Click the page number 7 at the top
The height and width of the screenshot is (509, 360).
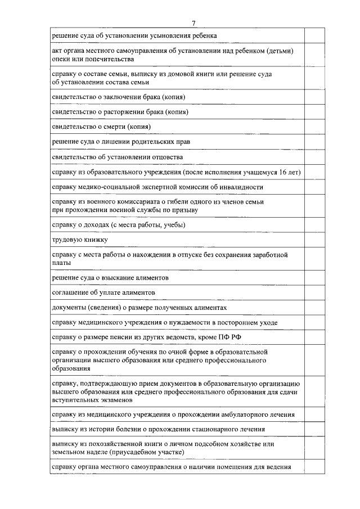click(193, 22)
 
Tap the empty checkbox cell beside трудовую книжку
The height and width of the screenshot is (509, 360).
click(314, 240)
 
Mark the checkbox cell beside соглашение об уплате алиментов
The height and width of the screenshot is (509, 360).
click(314, 292)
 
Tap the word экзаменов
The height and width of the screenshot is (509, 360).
click(117, 400)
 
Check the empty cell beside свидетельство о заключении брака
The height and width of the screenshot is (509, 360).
click(314, 97)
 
